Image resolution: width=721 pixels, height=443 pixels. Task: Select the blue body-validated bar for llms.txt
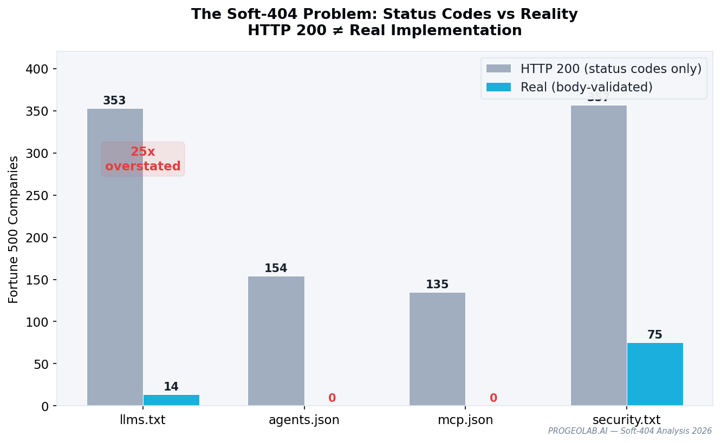click(x=171, y=400)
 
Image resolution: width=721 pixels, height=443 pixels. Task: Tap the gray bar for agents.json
click(x=276, y=341)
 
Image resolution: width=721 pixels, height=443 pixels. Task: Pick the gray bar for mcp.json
click(x=437, y=349)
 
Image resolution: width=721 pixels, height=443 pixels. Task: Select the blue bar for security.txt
click(x=655, y=374)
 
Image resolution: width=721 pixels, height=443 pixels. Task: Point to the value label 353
click(x=114, y=101)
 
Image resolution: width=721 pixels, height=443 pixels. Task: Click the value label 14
click(x=171, y=387)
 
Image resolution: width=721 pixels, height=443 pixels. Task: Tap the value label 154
click(x=276, y=269)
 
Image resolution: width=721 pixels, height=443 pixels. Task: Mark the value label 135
click(x=437, y=285)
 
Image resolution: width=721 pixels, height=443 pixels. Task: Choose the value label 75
click(x=655, y=335)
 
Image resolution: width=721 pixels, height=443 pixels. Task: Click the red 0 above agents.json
click(x=332, y=399)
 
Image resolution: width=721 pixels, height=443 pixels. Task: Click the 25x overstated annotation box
click(x=143, y=159)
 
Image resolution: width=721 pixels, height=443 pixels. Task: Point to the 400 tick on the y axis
click(x=37, y=69)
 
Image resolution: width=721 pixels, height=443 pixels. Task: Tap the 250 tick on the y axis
click(x=37, y=196)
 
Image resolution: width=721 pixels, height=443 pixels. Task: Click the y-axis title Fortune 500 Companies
click(x=14, y=229)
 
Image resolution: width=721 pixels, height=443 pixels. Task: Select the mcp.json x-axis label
click(x=465, y=420)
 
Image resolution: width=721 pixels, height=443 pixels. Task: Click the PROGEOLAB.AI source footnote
click(x=629, y=431)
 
